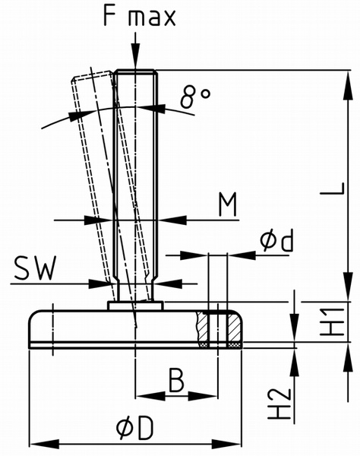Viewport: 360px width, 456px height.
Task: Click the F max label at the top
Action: click(140, 17)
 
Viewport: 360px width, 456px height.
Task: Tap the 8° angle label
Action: click(194, 97)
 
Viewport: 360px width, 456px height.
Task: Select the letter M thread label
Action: click(228, 204)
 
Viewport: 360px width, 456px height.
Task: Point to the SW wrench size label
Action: click(35, 268)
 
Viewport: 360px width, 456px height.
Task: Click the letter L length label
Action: click(333, 188)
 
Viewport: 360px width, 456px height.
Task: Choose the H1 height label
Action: click(333, 322)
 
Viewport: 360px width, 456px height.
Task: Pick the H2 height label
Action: click(279, 404)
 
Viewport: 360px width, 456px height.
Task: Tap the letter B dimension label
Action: click(176, 380)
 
